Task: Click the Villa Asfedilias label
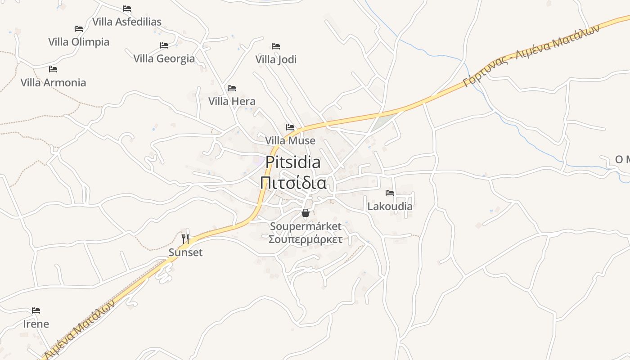pyautogui.click(x=126, y=22)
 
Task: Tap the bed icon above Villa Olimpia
pyautogui.click(x=79, y=29)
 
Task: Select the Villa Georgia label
pyautogui.click(x=164, y=58)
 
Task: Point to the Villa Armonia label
pyautogui.click(x=53, y=82)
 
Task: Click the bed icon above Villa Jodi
pyautogui.click(x=276, y=46)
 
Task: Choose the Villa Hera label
pyautogui.click(x=232, y=101)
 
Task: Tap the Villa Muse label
pyautogui.click(x=290, y=141)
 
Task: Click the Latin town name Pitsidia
pyautogui.click(x=293, y=162)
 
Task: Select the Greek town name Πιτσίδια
pyautogui.click(x=293, y=183)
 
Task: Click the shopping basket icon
pyautogui.click(x=306, y=213)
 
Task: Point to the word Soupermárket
pyautogui.click(x=306, y=226)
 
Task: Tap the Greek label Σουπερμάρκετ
pyautogui.click(x=306, y=239)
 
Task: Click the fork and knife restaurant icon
pyautogui.click(x=185, y=238)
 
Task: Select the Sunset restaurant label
pyautogui.click(x=185, y=252)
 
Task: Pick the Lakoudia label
pyautogui.click(x=390, y=207)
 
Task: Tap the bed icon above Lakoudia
pyautogui.click(x=390, y=193)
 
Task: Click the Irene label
pyautogui.click(x=36, y=324)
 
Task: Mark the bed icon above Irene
pyautogui.click(x=36, y=310)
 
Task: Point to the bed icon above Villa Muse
pyautogui.click(x=290, y=127)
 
